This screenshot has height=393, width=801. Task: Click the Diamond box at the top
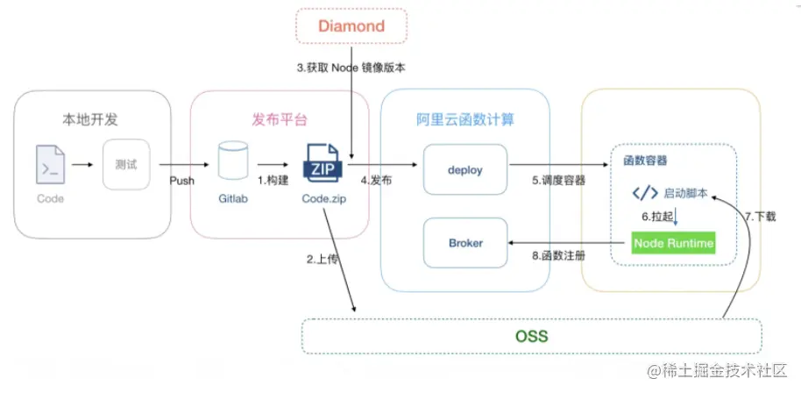tap(351, 26)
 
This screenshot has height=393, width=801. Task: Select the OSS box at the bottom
tap(531, 336)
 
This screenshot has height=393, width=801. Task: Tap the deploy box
tap(464, 169)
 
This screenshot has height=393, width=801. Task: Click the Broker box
tap(464, 243)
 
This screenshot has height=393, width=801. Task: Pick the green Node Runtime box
tap(673, 243)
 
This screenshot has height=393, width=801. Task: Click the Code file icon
tap(50, 165)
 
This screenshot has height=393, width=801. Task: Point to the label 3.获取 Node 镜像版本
tap(351, 68)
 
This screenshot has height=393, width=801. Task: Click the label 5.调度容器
tap(558, 181)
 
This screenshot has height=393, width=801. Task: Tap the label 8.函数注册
tap(558, 256)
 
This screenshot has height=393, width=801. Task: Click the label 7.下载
tap(760, 216)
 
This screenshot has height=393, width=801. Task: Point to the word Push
tap(181, 181)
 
